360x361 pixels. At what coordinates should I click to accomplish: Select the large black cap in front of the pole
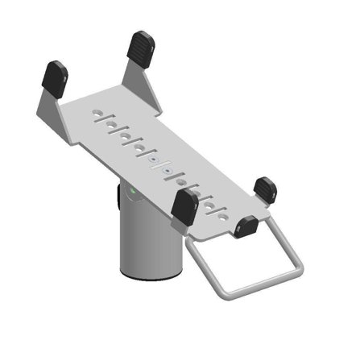(x=184, y=206)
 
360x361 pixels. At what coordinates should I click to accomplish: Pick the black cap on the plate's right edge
(x=266, y=190)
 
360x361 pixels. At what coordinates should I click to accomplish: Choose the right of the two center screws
(x=166, y=170)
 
